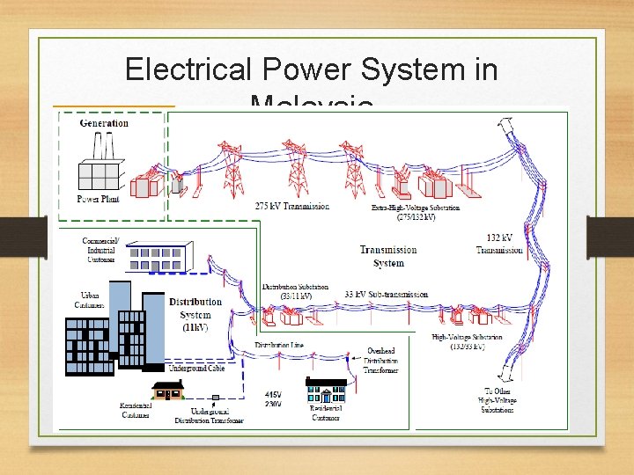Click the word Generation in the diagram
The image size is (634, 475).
coord(104,123)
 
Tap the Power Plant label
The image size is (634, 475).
coord(98,200)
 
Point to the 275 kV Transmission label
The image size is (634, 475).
coord(292,207)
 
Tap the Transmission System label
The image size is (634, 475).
coord(388,256)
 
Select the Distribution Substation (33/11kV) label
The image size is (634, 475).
coord(295,291)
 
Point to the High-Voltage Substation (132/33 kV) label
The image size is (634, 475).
coord(467,342)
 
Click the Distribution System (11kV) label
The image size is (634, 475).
coord(195,314)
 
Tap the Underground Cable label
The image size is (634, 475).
coord(196,369)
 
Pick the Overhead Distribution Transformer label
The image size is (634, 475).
coord(381,361)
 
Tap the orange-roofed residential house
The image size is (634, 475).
coord(167,391)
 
